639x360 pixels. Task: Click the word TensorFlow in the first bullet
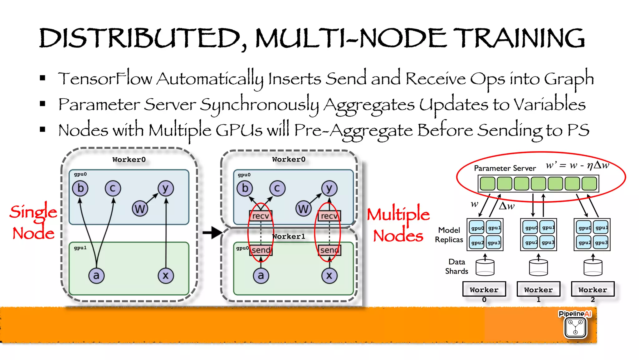point(105,78)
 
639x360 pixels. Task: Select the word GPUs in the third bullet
point(239,130)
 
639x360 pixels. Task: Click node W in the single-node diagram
point(140,209)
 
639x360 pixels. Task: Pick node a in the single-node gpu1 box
point(96,275)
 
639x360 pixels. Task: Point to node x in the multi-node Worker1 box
point(329,275)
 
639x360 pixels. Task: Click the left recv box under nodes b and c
point(261,216)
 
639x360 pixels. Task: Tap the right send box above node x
point(329,250)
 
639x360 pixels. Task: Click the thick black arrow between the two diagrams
point(212,232)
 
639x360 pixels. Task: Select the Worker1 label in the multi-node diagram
point(289,236)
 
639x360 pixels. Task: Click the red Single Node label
point(33,222)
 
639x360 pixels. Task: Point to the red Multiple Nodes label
point(398,224)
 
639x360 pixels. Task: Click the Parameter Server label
point(505,168)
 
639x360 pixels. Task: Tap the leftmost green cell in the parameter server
point(487,184)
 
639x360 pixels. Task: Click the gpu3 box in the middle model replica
point(548,243)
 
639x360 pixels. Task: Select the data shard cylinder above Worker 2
point(593,268)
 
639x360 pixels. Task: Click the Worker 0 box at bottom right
point(484,289)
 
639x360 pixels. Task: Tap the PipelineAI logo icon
point(576,327)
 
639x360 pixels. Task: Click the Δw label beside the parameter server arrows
point(507,206)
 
